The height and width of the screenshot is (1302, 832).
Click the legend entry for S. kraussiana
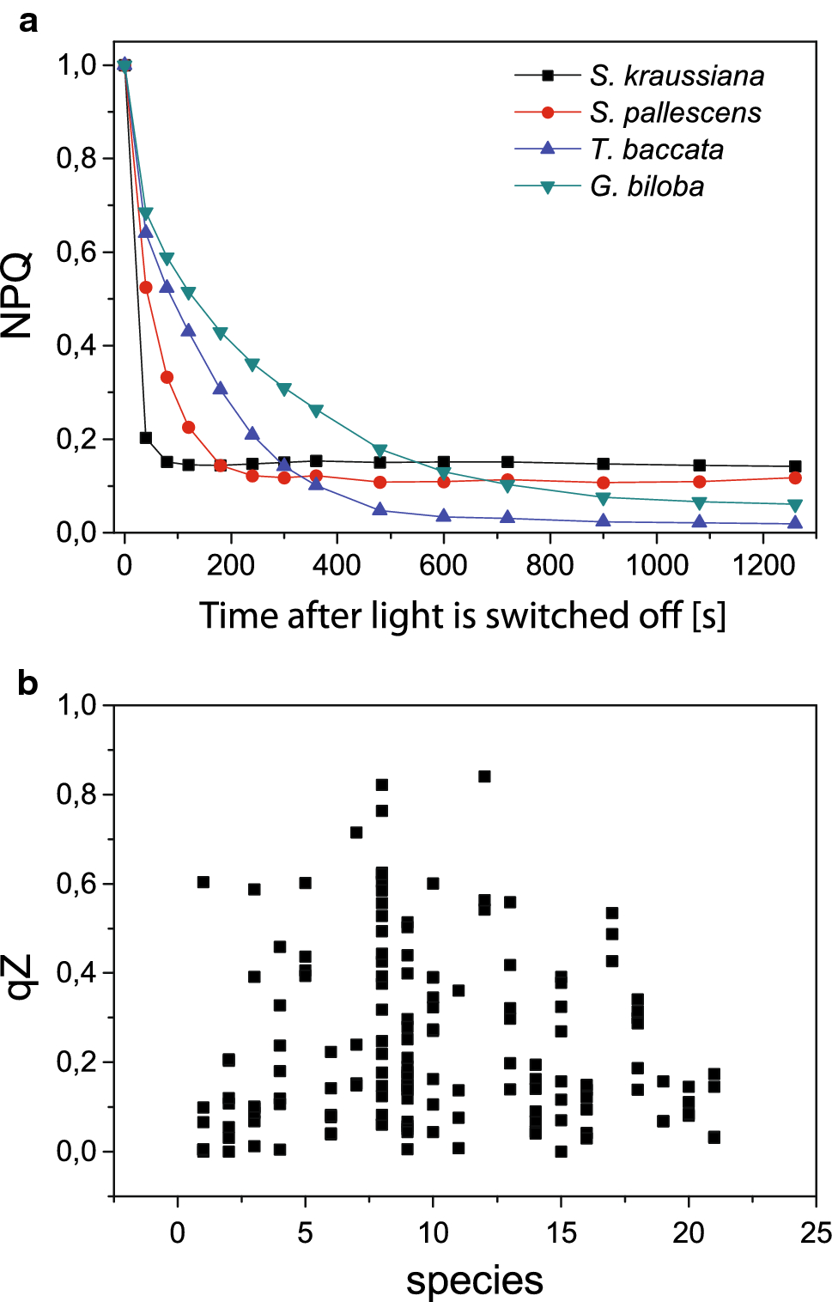click(x=677, y=76)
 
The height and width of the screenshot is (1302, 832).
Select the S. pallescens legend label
click(x=675, y=113)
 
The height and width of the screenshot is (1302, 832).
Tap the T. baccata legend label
click(x=656, y=149)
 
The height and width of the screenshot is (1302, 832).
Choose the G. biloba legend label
click(x=647, y=186)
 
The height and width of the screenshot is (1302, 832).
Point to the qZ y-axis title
click(x=19, y=976)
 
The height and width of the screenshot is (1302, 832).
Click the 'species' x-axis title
click(x=474, y=1281)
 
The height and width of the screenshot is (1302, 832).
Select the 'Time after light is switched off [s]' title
click(x=462, y=616)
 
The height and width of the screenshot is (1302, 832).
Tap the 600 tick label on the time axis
click(x=443, y=565)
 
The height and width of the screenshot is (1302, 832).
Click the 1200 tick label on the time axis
click(x=763, y=565)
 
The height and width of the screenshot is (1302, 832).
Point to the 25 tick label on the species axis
click(x=815, y=1233)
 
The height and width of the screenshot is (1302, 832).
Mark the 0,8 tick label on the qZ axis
click(x=76, y=794)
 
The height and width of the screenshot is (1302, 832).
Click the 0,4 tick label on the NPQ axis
click(x=76, y=345)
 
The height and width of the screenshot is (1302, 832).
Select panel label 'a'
click(x=28, y=21)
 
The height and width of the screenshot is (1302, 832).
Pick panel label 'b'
click(x=28, y=684)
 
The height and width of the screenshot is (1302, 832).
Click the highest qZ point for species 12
click(x=484, y=776)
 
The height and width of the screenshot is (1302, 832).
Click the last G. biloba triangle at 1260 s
click(x=795, y=505)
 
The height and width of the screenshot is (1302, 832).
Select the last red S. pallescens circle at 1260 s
click(x=795, y=478)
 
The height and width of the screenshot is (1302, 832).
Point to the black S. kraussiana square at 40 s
click(x=146, y=438)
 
